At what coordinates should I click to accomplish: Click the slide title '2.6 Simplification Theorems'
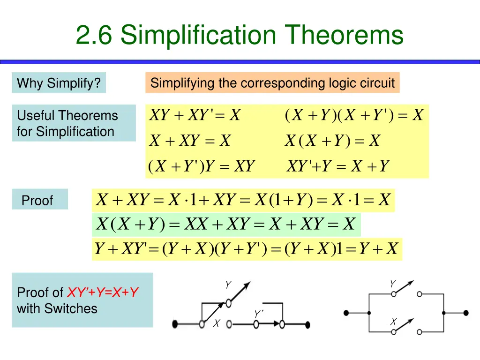240,36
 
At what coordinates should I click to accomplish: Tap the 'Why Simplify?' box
59,83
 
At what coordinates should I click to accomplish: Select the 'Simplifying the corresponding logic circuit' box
272,83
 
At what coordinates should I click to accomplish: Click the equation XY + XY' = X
195,115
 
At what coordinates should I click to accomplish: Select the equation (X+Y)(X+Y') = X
354,115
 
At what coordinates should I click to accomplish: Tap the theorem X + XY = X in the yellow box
190,141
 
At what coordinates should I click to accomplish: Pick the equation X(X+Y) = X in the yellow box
332,141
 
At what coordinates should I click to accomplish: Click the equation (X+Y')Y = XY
201,166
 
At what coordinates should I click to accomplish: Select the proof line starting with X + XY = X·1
243,201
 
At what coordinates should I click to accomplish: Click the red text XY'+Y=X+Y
103,293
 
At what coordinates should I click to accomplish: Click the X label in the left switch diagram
217,323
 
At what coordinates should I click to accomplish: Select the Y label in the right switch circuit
392,284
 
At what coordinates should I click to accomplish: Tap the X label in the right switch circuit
393,322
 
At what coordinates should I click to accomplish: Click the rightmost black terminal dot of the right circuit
465,313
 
